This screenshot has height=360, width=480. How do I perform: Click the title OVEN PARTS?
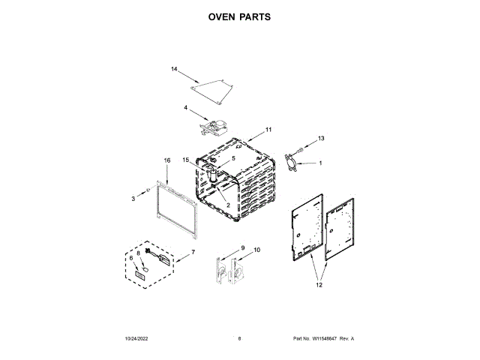pyautogui.click(x=240, y=15)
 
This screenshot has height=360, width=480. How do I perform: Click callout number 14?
pyautogui.click(x=174, y=70)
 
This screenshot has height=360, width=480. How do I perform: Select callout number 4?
pyautogui.click(x=185, y=108)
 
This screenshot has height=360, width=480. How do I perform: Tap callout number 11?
pyautogui.click(x=268, y=130)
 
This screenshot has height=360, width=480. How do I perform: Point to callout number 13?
pyautogui.click(x=321, y=138)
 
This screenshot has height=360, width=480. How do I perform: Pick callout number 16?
pyautogui.click(x=167, y=160)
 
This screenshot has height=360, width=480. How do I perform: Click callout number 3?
pyautogui.click(x=133, y=198)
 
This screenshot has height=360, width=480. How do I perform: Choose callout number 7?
pyautogui.click(x=193, y=253)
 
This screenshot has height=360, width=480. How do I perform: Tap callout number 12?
pyautogui.click(x=319, y=284)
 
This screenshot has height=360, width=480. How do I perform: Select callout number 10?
pyautogui.click(x=257, y=250)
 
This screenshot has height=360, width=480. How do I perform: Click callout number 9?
pyautogui.click(x=242, y=248)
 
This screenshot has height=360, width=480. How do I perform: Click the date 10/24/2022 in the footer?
pyautogui.click(x=139, y=339)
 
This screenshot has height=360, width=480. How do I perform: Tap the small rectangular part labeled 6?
pyautogui.click(x=139, y=275)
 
